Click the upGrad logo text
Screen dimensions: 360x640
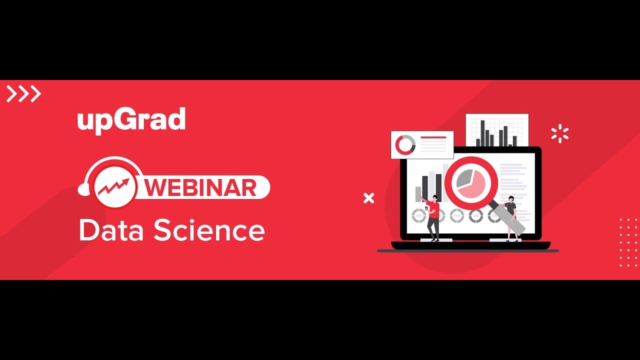click(x=131, y=120)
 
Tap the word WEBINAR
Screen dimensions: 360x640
click(x=202, y=187)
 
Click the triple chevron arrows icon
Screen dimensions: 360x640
click(x=23, y=93)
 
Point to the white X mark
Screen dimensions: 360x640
click(x=368, y=198)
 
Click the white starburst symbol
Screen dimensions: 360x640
click(x=559, y=134)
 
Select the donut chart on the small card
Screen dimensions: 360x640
click(x=405, y=145)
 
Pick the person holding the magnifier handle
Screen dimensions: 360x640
click(x=510, y=217)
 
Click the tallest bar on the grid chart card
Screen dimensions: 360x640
click(x=483, y=133)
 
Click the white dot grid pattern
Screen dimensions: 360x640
click(x=628, y=242)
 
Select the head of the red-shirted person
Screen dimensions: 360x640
click(x=435, y=198)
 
